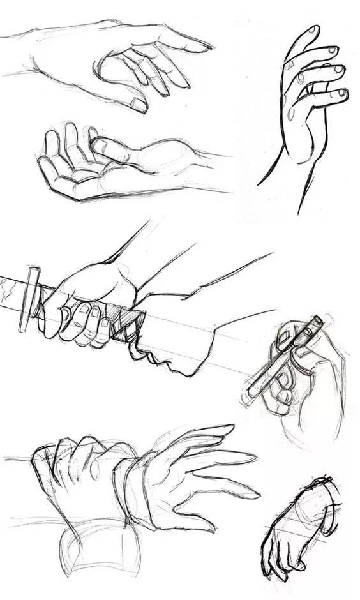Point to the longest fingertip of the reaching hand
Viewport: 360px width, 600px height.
pyautogui.click(x=203, y=46)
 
